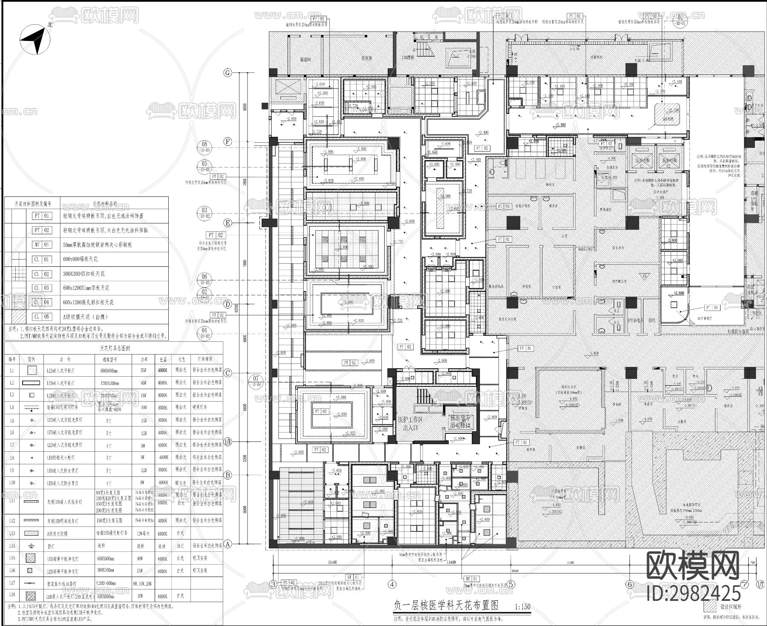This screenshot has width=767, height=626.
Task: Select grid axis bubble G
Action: pyautogui.click(x=228, y=73)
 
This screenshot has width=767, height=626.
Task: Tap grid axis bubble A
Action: pyautogui.click(x=228, y=544)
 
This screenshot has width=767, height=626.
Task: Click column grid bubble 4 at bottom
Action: pyautogui.click(x=392, y=584)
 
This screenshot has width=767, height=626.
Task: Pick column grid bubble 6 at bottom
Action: pyautogui.click(x=630, y=584)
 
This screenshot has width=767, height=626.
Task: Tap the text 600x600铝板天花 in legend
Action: pyautogui.click(x=81, y=259)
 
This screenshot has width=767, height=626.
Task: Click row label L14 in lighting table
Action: pyautogui.click(x=12, y=545)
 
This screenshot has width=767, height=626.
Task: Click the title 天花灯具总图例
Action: pyautogui.click(x=114, y=348)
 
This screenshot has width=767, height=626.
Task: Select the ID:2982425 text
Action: pyautogui.click(x=694, y=593)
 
